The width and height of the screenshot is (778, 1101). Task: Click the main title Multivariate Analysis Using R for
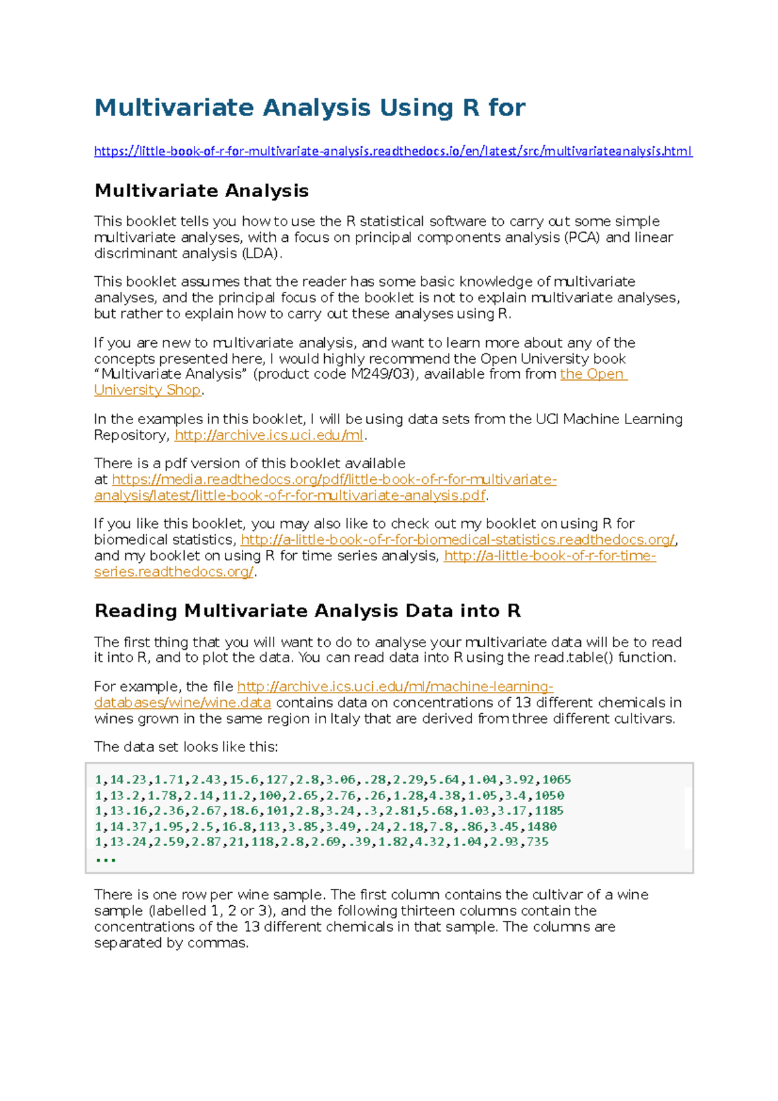click(x=310, y=108)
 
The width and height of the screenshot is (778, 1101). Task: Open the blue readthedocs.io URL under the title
click(x=393, y=151)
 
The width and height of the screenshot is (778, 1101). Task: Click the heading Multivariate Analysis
click(x=201, y=191)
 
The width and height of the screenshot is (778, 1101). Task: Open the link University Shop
click(x=147, y=390)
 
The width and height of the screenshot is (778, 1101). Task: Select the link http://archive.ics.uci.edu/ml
click(x=269, y=435)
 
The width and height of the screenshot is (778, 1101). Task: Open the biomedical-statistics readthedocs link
click(x=458, y=540)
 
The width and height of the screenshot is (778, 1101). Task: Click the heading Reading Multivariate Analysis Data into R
click(x=307, y=611)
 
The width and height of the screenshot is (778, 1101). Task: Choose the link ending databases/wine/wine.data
click(x=182, y=703)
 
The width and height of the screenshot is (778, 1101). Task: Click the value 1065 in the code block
click(x=556, y=779)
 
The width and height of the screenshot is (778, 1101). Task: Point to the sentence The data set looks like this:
click(x=185, y=747)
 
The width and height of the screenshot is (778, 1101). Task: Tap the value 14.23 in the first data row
click(x=128, y=779)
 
